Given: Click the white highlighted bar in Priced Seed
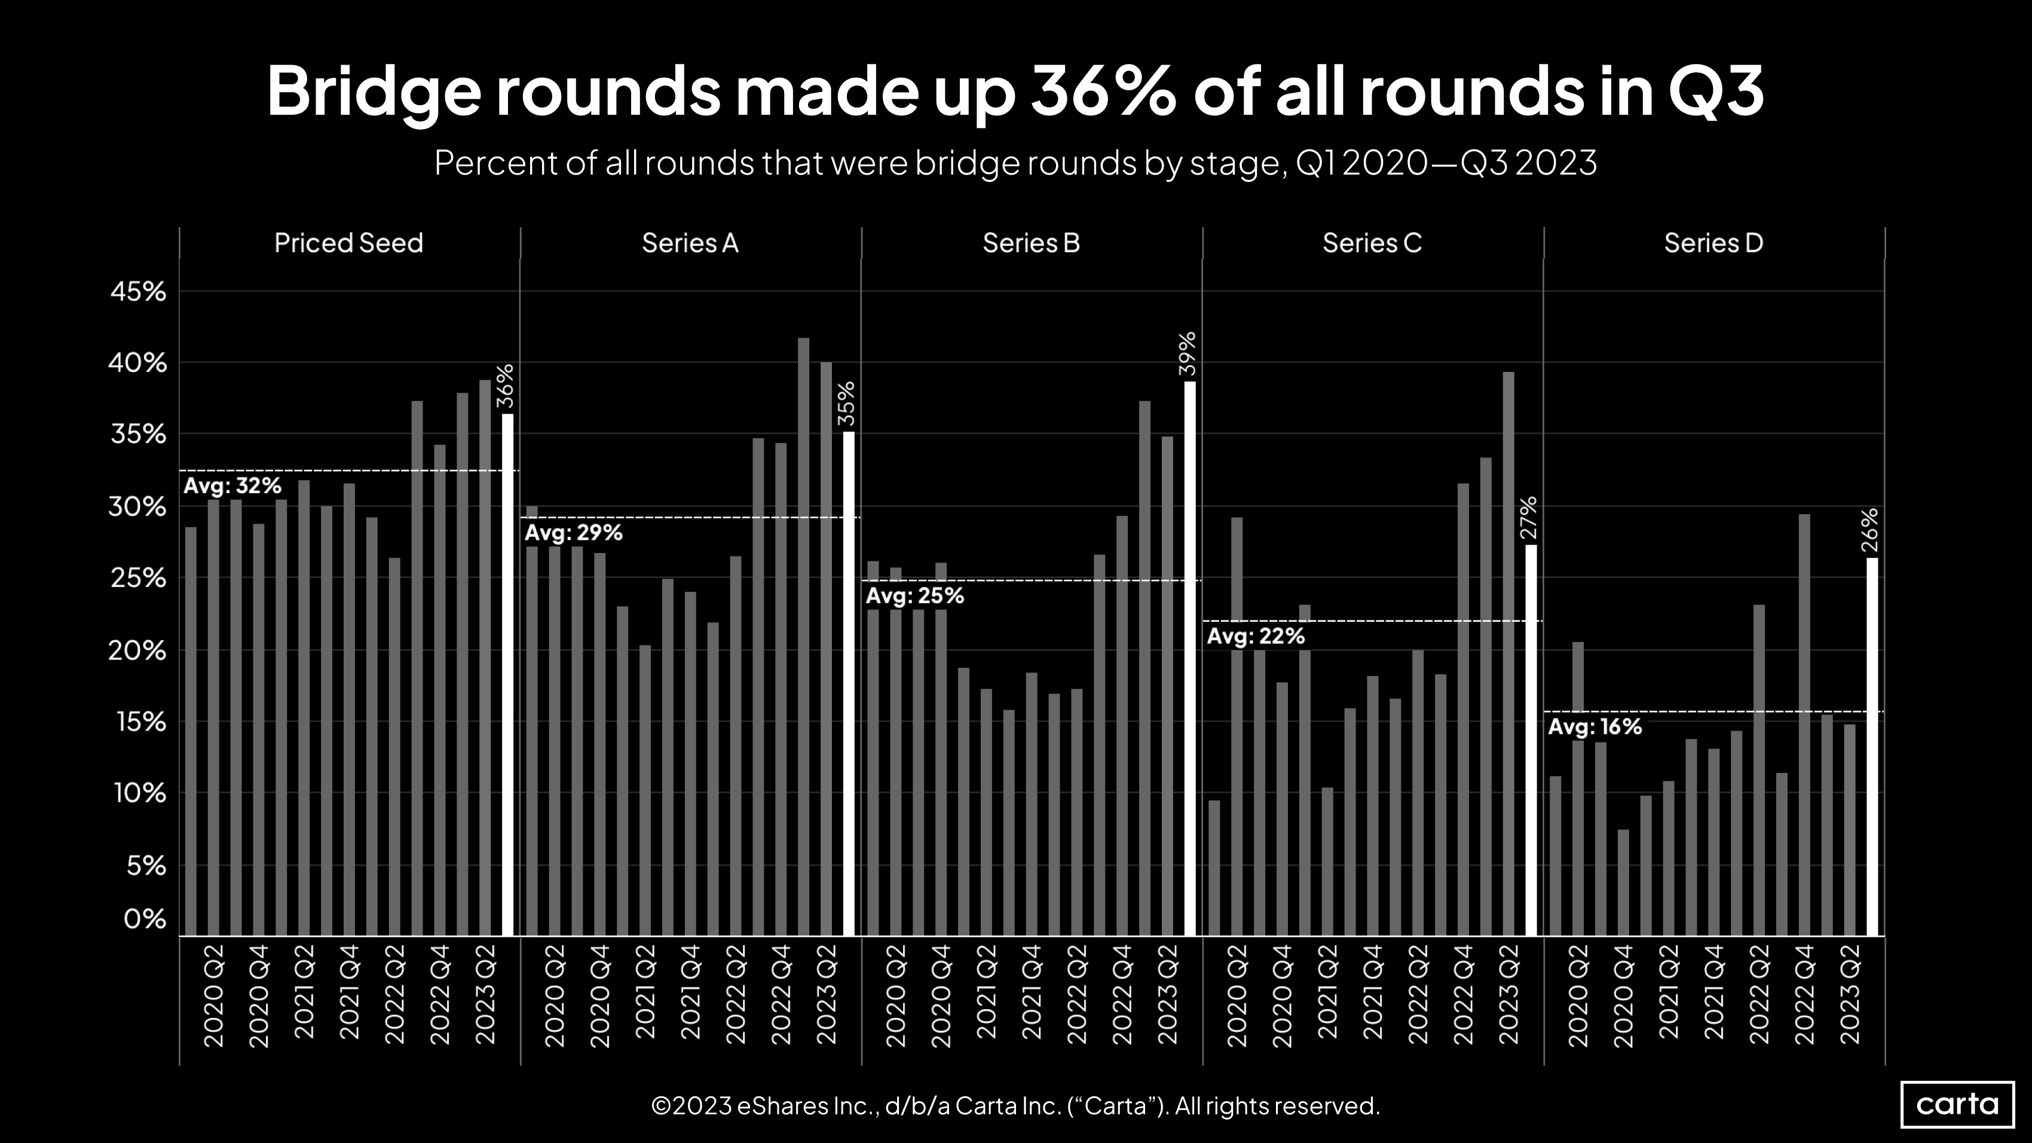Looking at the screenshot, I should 508,674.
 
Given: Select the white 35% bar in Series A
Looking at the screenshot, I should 849,683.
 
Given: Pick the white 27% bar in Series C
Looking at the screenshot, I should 1531,740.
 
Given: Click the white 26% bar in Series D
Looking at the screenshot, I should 1872,746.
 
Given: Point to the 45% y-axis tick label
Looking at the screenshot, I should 139,292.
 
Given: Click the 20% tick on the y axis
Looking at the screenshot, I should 139,651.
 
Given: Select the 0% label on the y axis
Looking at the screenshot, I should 145,919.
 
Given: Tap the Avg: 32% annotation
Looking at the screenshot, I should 232,486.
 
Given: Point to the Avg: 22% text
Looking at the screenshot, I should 1256,637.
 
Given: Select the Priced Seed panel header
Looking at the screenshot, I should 348,243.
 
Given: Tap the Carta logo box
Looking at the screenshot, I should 1957,1104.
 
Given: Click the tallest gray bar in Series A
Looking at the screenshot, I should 804,637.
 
